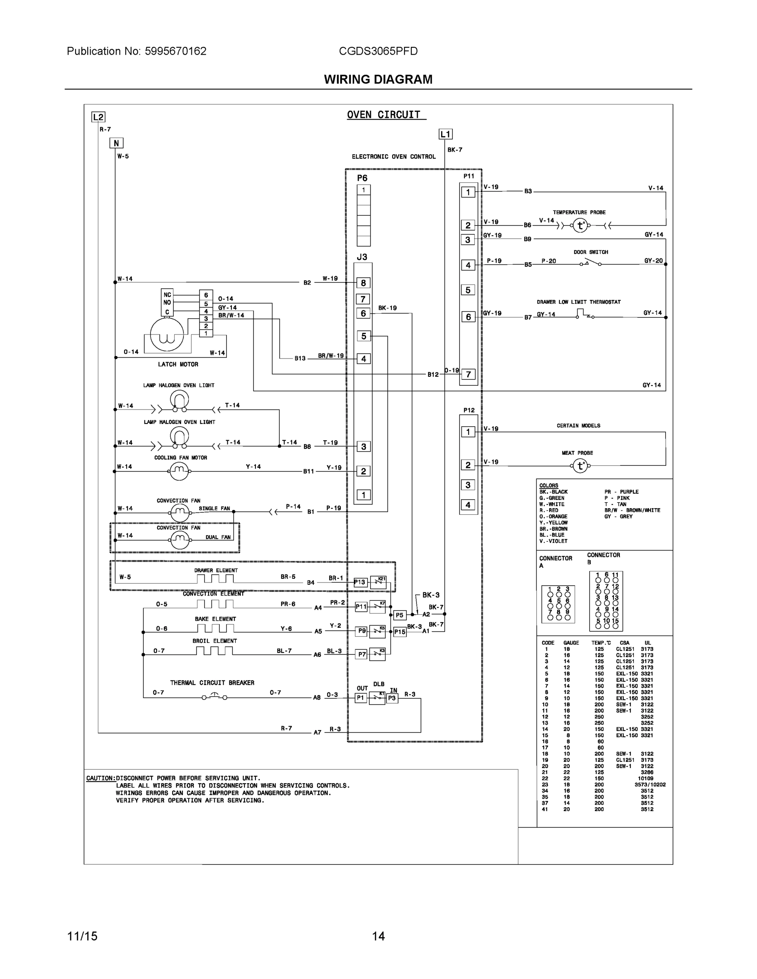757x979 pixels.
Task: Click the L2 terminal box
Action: (98, 117)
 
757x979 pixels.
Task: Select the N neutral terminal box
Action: (116, 143)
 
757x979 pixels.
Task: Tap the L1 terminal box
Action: (445, 134)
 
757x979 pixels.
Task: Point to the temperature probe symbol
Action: (580, 226)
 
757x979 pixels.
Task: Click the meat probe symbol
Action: (580, 466)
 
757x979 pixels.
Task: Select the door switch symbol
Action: (591, 263)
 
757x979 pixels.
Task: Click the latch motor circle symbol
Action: (166, 334)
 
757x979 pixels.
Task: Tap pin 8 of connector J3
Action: (363, 283)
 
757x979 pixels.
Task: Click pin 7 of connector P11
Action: (468, 374)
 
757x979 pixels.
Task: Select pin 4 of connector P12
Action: (468, 505)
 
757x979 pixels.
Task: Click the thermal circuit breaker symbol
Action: (214, 697)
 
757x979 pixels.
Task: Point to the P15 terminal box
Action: (400, 632)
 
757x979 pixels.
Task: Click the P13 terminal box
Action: (360, 582)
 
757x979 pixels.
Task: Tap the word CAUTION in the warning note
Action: (100, 778)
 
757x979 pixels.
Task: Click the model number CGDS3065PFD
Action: (378, 51)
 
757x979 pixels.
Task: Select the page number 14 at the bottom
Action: (378, 936)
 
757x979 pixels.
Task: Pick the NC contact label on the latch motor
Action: (167, 295)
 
